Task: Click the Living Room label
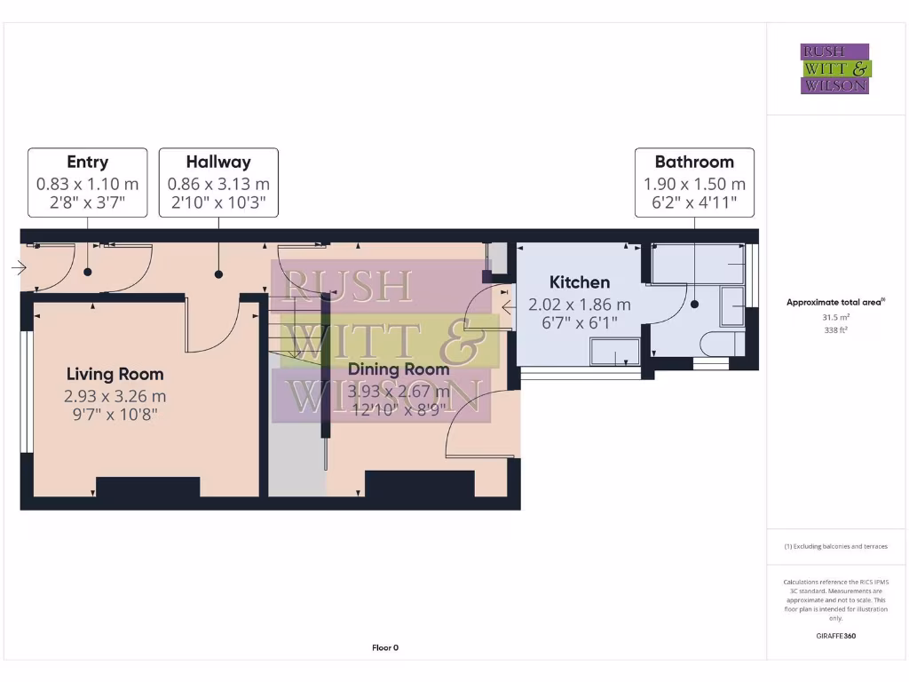click(x=115, y=374)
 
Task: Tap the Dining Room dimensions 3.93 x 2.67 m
click(x=399, y=391)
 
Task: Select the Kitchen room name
click(x=580, y=282)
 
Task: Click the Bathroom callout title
click(x=694, y=162)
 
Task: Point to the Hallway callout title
click(x=218, y=162)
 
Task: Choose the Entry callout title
click(x=87, y=162)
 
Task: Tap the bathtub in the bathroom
click(x=698, y=265)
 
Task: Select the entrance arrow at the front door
click(x=20, y=266)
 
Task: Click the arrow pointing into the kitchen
click(x=509, y=307)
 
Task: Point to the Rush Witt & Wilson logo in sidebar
click(x=835, y=69)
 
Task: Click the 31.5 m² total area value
click(x=835, y=316)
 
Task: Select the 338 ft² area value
click(x=835, y=328)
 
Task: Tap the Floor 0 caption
click(x=385, y=648)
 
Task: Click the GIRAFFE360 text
click(x=835, y=636)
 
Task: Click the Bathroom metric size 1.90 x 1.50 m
click(x=694, y=185)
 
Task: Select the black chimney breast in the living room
click(x=147, y=488)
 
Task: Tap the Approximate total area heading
click(x=835, y=302)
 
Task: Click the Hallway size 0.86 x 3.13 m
click(x=218, y=185)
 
